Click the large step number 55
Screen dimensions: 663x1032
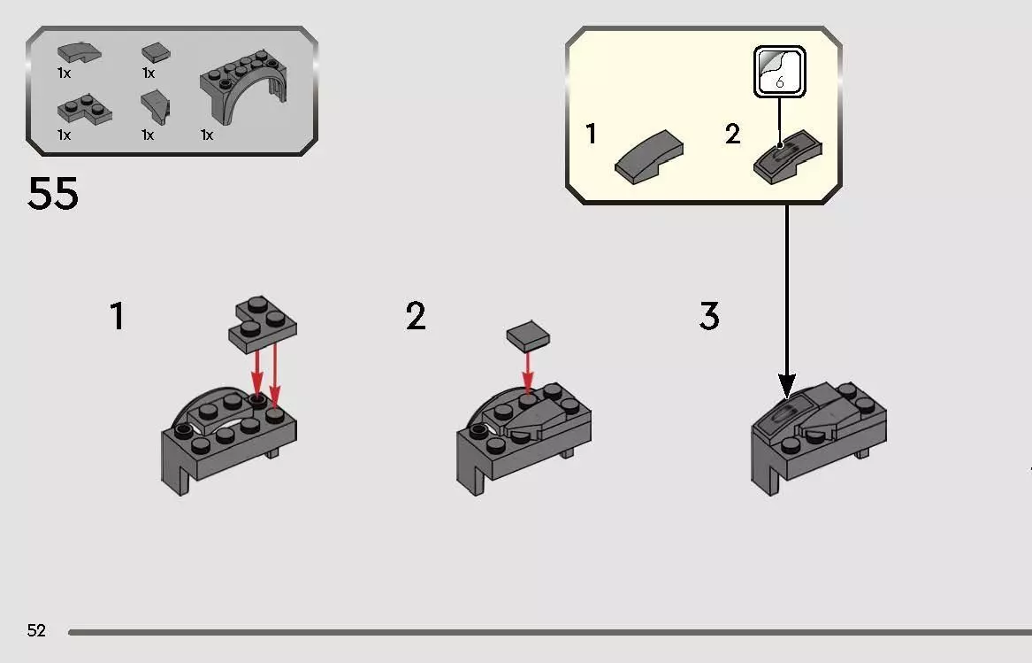(x=53, y=194)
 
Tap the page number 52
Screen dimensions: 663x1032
(x=36, y=630)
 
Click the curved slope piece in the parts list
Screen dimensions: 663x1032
(x=78, y=53)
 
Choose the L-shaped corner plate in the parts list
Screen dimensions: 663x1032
(x=84, y=111)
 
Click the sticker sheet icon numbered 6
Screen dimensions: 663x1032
(x=779, y=72)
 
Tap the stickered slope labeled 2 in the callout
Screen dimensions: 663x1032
(x=787, y=158)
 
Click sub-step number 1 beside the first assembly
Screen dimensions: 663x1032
(x=117, y=316)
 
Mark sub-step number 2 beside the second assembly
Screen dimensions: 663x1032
(x=416, y=316)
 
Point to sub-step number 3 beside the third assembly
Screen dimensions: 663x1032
(x=709, y=316)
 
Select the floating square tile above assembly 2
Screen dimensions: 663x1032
(x=528, y=336)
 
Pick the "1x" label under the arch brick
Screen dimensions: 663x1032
(x=207, y=135)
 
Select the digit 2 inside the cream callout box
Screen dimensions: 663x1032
(x=732, y=135)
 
